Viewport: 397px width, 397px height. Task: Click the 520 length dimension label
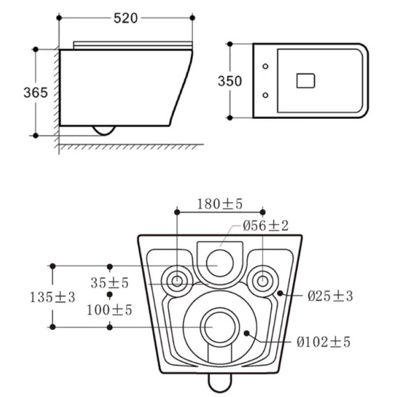point(126,18)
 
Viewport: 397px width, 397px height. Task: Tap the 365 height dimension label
point(36,92)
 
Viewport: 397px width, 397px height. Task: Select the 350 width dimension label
point(230,81)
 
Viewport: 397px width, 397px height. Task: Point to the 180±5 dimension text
point(219,204)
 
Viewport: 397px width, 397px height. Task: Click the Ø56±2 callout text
point(266,226)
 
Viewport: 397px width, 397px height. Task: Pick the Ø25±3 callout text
point(330,296)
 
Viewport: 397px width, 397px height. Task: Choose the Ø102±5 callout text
point(324,342)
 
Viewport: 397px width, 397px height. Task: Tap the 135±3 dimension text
point(52,297)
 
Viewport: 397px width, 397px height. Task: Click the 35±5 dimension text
point(110,283)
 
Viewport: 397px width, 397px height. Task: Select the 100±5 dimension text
point(109,310)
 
